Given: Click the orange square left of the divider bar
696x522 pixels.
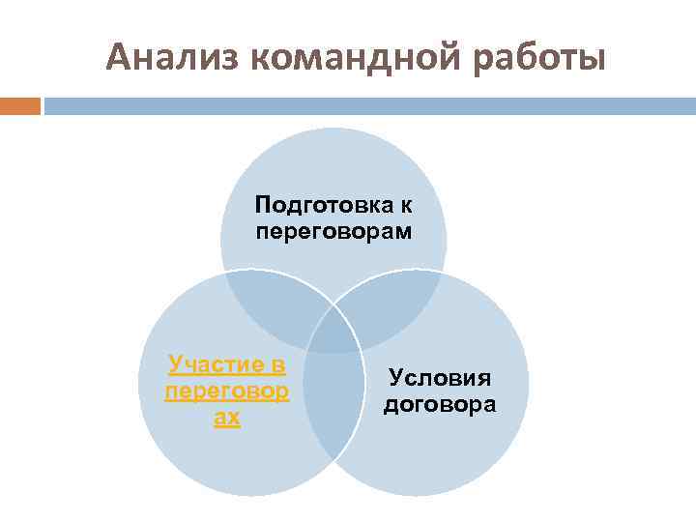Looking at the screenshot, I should (x=19, y=105).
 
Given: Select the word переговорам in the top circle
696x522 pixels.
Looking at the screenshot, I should (x=333, y=232).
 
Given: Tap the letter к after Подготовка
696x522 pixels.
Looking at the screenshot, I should (x=407, y=206).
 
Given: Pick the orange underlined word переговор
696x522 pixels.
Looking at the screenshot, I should (x=227, y=391).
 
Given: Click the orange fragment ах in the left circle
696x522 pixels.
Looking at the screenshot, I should (x=227, y=419).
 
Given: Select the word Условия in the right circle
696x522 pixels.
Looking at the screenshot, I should (x=440, y=377).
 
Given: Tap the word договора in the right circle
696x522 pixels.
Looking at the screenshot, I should (x=440, y=404).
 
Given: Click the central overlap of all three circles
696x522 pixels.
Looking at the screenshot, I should (x=333, y=331).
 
